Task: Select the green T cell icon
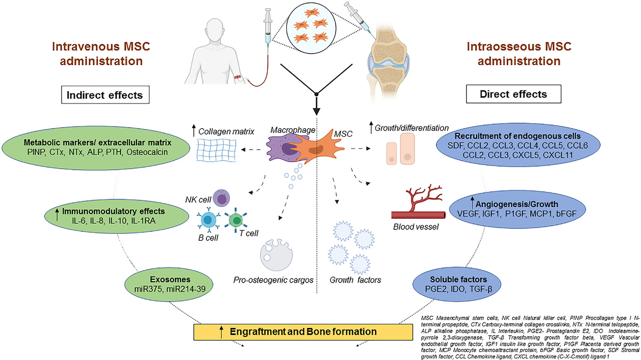pos(237,221)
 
